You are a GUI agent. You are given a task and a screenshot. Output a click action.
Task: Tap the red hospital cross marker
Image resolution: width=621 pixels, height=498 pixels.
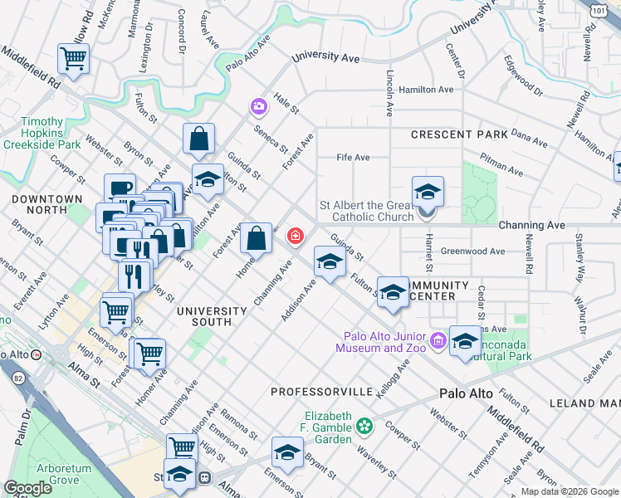295,237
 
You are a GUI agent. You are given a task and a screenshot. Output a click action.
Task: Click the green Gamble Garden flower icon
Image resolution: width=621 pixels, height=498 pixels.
364,427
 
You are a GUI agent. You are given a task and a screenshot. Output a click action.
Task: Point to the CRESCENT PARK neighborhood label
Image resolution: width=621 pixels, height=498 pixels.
459,134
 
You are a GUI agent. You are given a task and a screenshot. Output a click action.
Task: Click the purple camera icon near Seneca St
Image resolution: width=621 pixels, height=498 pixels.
259,106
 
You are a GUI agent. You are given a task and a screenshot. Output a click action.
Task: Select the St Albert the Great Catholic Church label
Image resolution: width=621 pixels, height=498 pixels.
367,212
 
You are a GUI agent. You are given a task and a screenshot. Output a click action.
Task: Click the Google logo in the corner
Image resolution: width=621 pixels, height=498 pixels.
28,488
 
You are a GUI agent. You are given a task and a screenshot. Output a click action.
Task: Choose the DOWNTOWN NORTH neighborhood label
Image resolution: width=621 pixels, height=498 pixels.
47,205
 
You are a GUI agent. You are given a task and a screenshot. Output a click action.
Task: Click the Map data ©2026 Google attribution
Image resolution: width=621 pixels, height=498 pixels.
570,491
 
